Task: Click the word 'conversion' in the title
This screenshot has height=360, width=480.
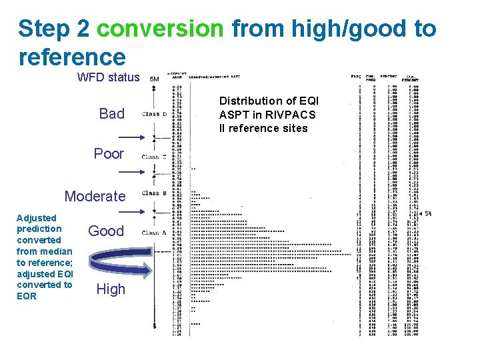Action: point(161,29)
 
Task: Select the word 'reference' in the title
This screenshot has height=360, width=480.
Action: point(72,57)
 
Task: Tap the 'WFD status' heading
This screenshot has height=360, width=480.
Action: point(109,77)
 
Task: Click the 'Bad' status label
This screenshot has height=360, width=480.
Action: point(111,114)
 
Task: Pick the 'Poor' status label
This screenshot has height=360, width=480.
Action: point(109,154)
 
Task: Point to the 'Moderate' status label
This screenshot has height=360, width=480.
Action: point(95,196)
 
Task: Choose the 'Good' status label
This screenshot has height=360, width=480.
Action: point(106,231)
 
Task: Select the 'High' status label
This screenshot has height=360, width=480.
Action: point(110,289)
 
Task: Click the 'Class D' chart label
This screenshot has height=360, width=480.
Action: point(154,114)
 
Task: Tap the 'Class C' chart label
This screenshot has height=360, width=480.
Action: point(154,157)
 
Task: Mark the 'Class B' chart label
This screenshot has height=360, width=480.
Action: point(154,193)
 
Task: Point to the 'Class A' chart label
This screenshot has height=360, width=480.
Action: point(154,233)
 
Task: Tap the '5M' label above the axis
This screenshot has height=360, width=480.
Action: point(154,79)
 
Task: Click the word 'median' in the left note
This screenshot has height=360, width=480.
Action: point(59,251)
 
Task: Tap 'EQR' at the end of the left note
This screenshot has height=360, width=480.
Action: point(27,296)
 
